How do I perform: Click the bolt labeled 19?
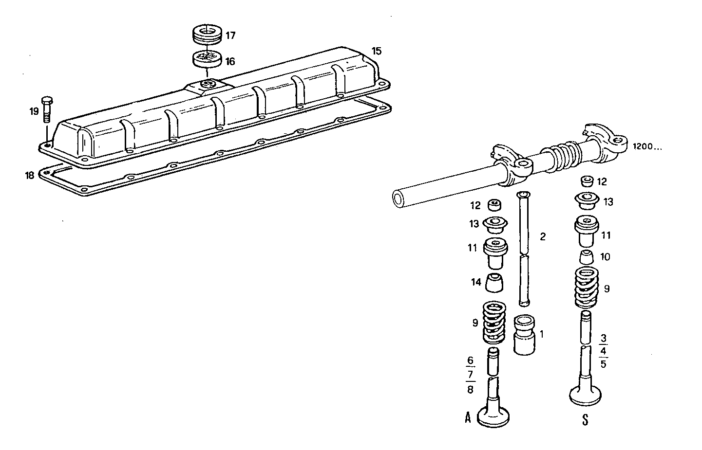(x=47, y=109)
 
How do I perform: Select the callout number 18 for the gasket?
(x=30, y=175)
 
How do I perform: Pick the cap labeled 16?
(x=207, y=59)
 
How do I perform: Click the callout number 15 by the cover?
(x=376, y=51)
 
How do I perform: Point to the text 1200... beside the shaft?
(x=647, y=146)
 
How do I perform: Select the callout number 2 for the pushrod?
(x=543, y=237)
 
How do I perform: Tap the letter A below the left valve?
(x=468, y=417)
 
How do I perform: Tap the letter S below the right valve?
(x=585, y=419)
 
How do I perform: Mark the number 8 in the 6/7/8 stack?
(x=470, y=389)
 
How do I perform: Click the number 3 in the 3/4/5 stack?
(x=604, y=338)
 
